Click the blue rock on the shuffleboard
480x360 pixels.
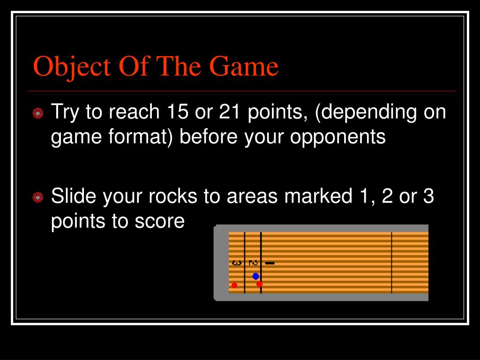[x=255, y=276]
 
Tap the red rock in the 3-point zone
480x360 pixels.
[x=234, y=285]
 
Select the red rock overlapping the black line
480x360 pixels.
[x=259, y=284]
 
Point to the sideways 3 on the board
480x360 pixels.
[x=236, y=263]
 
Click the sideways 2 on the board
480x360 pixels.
[x=253, y=263]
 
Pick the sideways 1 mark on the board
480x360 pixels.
[x=270, y=263]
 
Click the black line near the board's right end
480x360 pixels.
[x=392, y=262]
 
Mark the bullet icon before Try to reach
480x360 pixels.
[x=38, y=113]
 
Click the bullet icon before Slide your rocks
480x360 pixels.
[x=38, y=198]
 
